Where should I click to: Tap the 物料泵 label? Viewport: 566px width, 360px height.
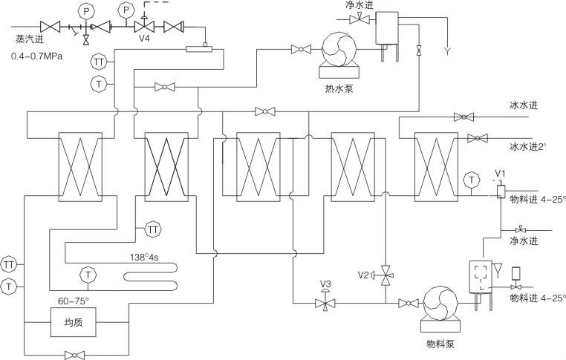click(x=440, y=344)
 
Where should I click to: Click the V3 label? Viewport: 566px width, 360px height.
click(x=325, y=284)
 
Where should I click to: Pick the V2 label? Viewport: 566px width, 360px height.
click(x=363, y=275)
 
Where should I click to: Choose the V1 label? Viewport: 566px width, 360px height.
click(x=500, y=175)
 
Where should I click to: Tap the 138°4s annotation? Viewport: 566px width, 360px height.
click(x=147, y=257)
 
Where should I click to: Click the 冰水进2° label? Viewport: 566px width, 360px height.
click(x=528, y=146)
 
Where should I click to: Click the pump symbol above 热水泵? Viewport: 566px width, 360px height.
click(x=339, y=50)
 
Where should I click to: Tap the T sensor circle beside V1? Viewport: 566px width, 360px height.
click(x=470, y=179)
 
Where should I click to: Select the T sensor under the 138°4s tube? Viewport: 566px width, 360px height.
click(x=88, y=275)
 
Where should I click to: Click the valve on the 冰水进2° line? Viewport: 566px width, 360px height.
click(x=476, y=138)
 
